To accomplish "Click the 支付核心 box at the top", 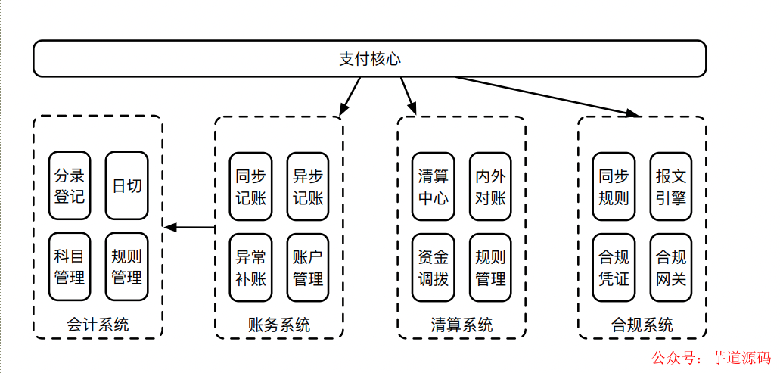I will tap(369, 58).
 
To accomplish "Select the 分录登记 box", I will tap(70, 186).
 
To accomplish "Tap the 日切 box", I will tap(126, 186).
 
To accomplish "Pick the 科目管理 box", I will tap(70, 267).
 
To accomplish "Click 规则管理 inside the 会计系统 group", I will tap(126, 267).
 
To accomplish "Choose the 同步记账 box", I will tap(251, 186).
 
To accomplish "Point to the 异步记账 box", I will tap(308, 186).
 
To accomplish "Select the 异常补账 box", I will tap(251, 267).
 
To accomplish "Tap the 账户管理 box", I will tap(308, 267).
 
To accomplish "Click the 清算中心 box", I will tap(434, 186).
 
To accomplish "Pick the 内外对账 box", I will tap(490, 186).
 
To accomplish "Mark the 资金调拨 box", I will tap(434, 267).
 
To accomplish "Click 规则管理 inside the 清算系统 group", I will tap(490, 267).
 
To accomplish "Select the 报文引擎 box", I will tap(671, 186).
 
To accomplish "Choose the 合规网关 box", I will tap(671, 267).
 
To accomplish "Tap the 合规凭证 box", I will tap(614, 267).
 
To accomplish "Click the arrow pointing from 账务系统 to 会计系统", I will tap(190, 227).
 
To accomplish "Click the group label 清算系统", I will tap(461, 325).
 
